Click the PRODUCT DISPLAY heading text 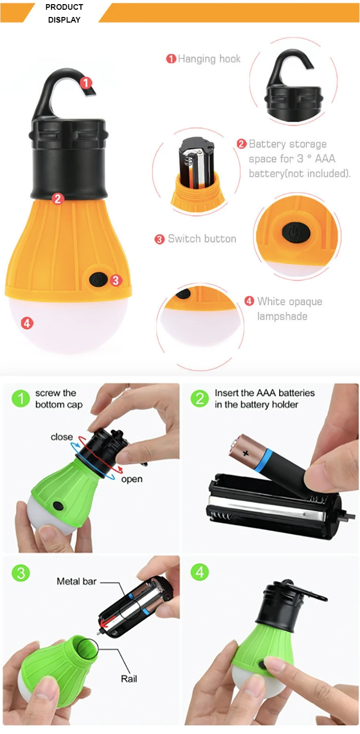tap(64, 13)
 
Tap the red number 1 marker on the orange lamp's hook tap(86, 83)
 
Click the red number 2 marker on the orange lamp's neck tap(58, 198)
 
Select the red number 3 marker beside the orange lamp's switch tap(116, 280)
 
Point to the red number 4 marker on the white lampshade tap(27, 323)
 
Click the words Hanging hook tap(209, 59)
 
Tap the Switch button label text tap(202, 238)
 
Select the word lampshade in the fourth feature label tap(282, 316)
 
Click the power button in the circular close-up tap(296, 232)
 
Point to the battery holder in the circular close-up tap(196, 163)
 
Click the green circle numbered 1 tap(21, 398)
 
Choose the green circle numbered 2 tap(200, 398)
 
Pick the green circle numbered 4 tap(200, 572)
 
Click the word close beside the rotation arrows tap(62, 437)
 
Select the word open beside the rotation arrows tap(132, 480)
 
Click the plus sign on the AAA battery tap(246, 453)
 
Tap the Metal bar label tap(77, 581)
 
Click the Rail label tap(129, 678)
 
